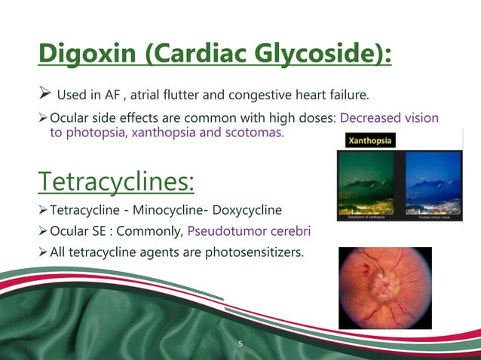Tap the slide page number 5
pyautogui.click(x=240, y=343)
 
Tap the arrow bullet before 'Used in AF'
pyautogui.click(x=44, y=95)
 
